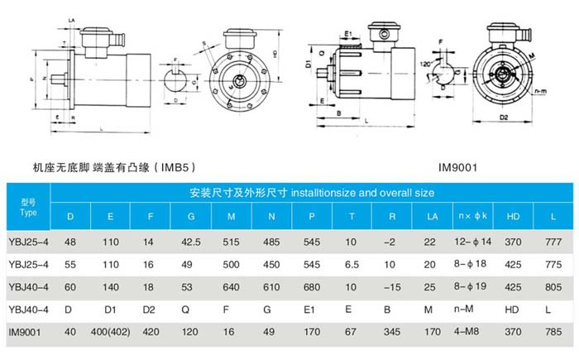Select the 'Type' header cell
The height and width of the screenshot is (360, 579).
coord(28,206)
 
